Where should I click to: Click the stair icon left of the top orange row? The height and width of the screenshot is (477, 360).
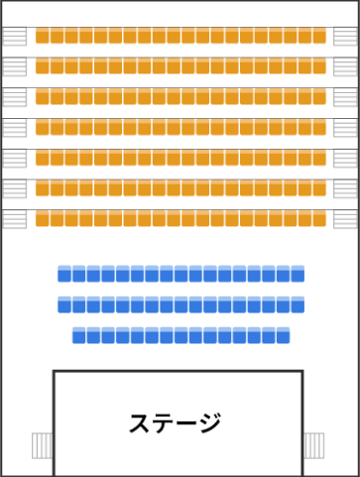[x=15, y=37]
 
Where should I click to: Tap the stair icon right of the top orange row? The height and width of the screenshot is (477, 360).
[x=345, y=37]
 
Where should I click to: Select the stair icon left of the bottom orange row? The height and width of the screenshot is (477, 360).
[x=15, y=219]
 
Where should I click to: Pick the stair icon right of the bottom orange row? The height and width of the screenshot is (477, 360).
[x=345, y=219]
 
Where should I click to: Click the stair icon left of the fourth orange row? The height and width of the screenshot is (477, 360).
[x=15, y=128]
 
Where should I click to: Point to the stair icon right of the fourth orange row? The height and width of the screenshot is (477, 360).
[x=345, y=128]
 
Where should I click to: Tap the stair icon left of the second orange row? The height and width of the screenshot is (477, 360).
[x=15, y=66]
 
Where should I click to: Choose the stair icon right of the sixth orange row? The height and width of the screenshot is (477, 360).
[x=345, y=188]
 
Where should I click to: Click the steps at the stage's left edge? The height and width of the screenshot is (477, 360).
[x=42, y=445]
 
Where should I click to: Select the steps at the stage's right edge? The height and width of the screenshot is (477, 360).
[x=314, y=445]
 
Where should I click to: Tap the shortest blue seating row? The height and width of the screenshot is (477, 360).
[x=180, y=335]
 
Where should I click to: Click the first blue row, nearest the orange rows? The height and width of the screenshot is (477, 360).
[x=180, y=274]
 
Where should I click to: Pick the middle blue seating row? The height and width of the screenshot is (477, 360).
[x=180, y=304]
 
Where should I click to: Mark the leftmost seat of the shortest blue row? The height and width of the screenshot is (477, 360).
[x=79, y=335]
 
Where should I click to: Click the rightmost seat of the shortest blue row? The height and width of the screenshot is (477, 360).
[x=283, y=335]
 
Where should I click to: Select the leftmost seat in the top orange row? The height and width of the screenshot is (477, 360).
[x=43, y=36]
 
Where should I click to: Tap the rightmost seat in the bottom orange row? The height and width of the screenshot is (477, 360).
[x=319, y=218]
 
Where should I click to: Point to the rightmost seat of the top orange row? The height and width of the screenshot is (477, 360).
[x=319, y=36]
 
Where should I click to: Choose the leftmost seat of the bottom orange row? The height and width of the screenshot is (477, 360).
[x=43, y=218]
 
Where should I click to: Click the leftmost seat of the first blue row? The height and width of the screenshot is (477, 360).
[x=65, y=274]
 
